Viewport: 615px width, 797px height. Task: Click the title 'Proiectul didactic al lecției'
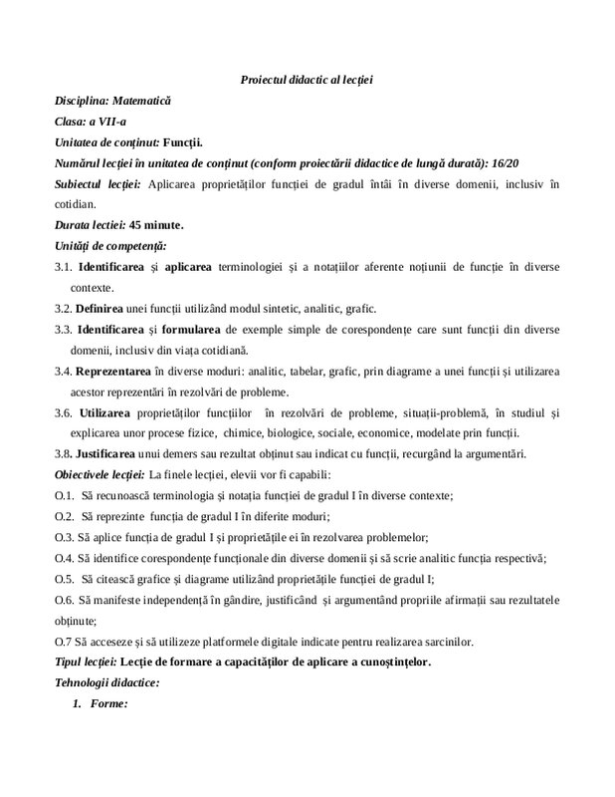(307, 79)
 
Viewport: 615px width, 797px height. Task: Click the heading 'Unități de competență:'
(110, 245)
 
